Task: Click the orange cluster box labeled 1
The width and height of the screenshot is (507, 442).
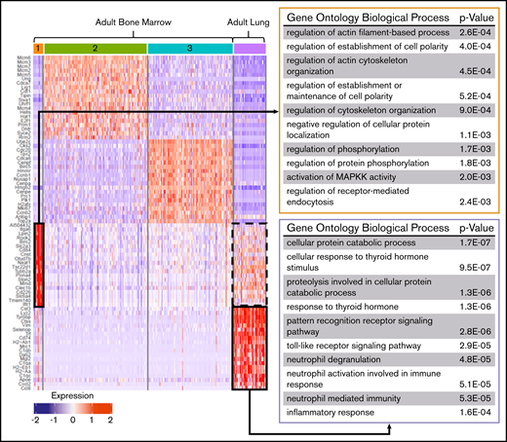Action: click(x=37, y=48)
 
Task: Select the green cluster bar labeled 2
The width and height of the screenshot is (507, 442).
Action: click(x=96, y=48)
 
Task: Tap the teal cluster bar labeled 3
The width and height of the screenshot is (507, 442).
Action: click(x=189, y=48)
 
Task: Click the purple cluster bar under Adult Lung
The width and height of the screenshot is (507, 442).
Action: click(x=250, y=48)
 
